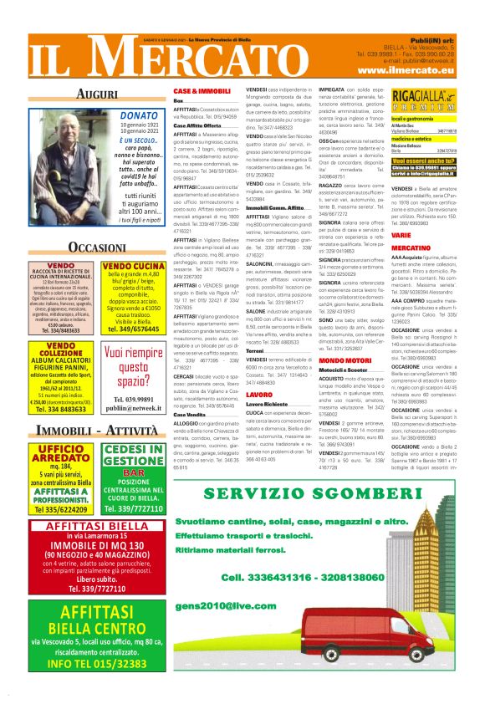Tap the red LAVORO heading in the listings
point(259,394)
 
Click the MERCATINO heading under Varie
point(411,247)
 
